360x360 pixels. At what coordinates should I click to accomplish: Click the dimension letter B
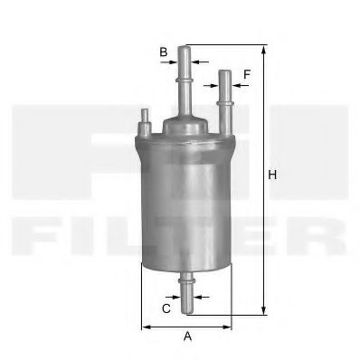coord(164,52)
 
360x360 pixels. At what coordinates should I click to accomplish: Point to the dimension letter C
coord(166,308)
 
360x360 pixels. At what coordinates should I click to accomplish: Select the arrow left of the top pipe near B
coord(175,62)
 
